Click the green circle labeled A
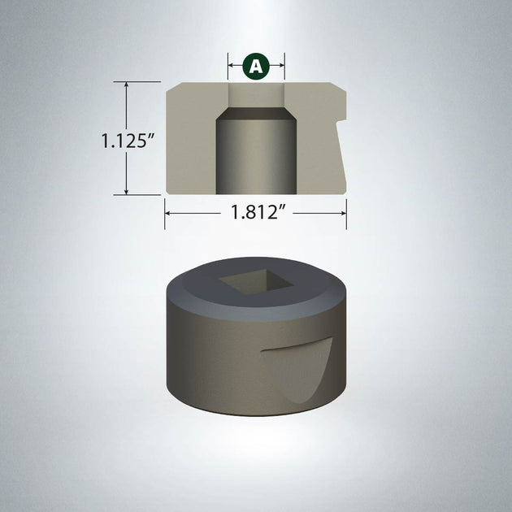point(256,66)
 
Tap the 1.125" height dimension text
point(128,141)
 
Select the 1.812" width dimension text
point(257,212)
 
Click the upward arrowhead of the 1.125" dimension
point(126,85)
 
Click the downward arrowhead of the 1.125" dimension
point(126,191)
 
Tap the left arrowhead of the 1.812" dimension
point(168,214)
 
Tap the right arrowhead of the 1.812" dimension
point(343,214)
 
